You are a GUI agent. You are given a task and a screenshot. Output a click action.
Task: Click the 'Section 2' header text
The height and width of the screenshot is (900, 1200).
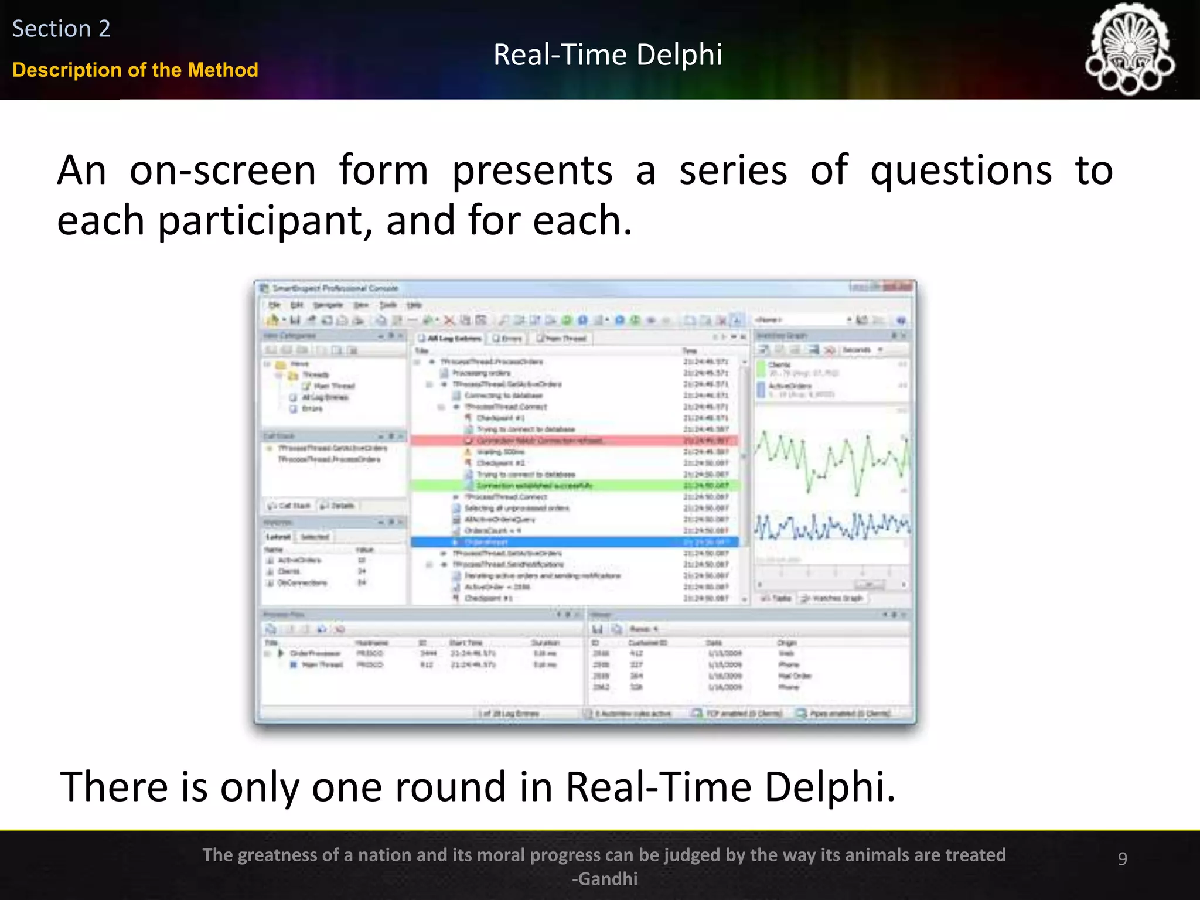pyautogui.click(x=61, y=29)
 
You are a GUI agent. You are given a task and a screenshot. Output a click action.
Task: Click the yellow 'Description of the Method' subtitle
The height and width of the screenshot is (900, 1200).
pyautogui.click(x=135, y=70)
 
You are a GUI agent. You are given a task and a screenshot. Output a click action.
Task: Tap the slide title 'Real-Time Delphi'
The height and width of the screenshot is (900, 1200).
pyautogui.click(x=608, y=55)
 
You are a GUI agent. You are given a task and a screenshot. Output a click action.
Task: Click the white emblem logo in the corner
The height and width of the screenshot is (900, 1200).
pyautogui.click(x=1129, y=49)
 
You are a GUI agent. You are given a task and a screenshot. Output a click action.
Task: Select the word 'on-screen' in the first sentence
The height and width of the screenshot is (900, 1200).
pyautogui.click(x=222, y=171)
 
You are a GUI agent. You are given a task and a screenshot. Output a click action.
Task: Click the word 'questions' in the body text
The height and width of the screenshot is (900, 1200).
pyautogui.click(x=961, y=171)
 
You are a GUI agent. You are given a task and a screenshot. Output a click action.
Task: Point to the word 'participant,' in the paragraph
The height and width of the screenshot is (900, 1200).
pyautogui.click(x=265, y=221)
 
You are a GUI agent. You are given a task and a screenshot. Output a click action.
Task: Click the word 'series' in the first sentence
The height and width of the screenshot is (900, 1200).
pyautogui.click(x=732, y=171)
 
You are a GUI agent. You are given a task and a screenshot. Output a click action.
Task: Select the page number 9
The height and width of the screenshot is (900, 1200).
pyautogui.click(x=1122, y=858)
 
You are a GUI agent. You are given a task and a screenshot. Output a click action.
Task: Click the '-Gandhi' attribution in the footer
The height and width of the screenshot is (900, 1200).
pyautogui.click(x=604, y=879)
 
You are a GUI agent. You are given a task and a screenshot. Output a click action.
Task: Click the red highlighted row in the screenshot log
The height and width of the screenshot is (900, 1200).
pyautogui.click(x=574, y=441)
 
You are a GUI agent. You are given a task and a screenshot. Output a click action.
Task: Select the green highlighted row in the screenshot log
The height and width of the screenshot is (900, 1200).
pyautogui.click(x=574, y=486)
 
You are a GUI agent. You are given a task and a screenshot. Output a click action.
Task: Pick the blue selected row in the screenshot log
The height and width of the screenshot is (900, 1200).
pyautogui.click(x=574, y=542)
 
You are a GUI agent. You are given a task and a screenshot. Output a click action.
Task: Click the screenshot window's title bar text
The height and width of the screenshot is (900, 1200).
pyautogui.click(x=335, y=288)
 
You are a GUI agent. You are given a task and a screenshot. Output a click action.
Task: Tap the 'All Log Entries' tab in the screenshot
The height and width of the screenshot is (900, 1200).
pyautogui.click(x=450, y=339)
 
